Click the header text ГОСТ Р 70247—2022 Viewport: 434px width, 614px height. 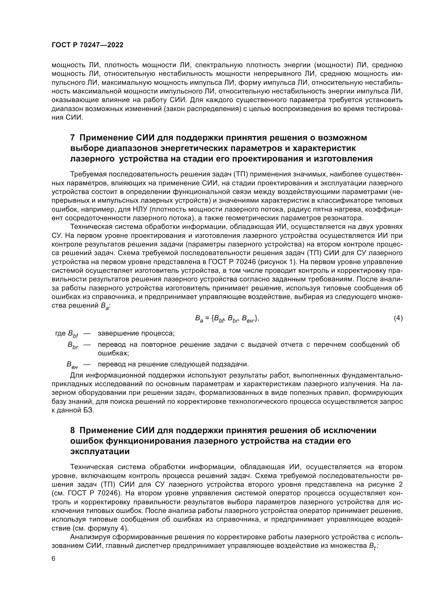tap(87, 45)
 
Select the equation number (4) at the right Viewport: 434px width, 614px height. tap(398, 318)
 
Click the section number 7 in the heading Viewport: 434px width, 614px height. tap(72, 138)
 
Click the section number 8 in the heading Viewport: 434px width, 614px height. tap(72, 430)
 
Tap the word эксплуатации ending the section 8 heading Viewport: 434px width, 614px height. tap(100, 452)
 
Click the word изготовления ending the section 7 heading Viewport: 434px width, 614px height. tap(343, 159)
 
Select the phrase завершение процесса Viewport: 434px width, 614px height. tap(136, 333)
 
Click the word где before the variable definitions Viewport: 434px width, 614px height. tap(60, 333)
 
